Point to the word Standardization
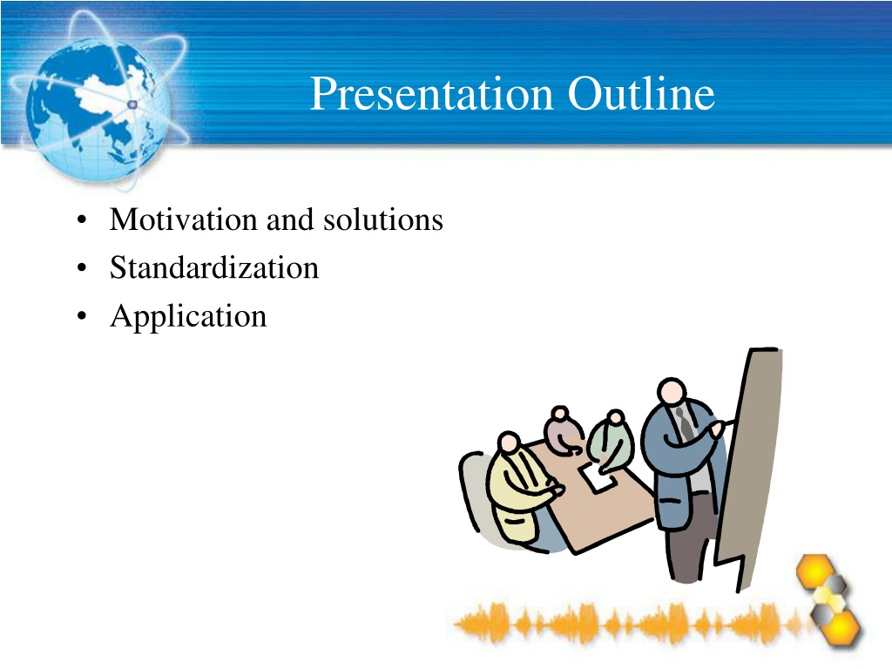point(214,267)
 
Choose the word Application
point(188,316)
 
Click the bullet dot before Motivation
point(82,220)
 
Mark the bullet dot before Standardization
point(82,268)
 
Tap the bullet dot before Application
point(82,315)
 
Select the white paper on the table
point(597,478)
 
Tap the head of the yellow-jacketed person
point(509,443)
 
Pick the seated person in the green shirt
point(610,441)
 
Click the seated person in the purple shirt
point(563,430)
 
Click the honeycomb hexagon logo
point(828,598)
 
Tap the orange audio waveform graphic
point(632,624)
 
